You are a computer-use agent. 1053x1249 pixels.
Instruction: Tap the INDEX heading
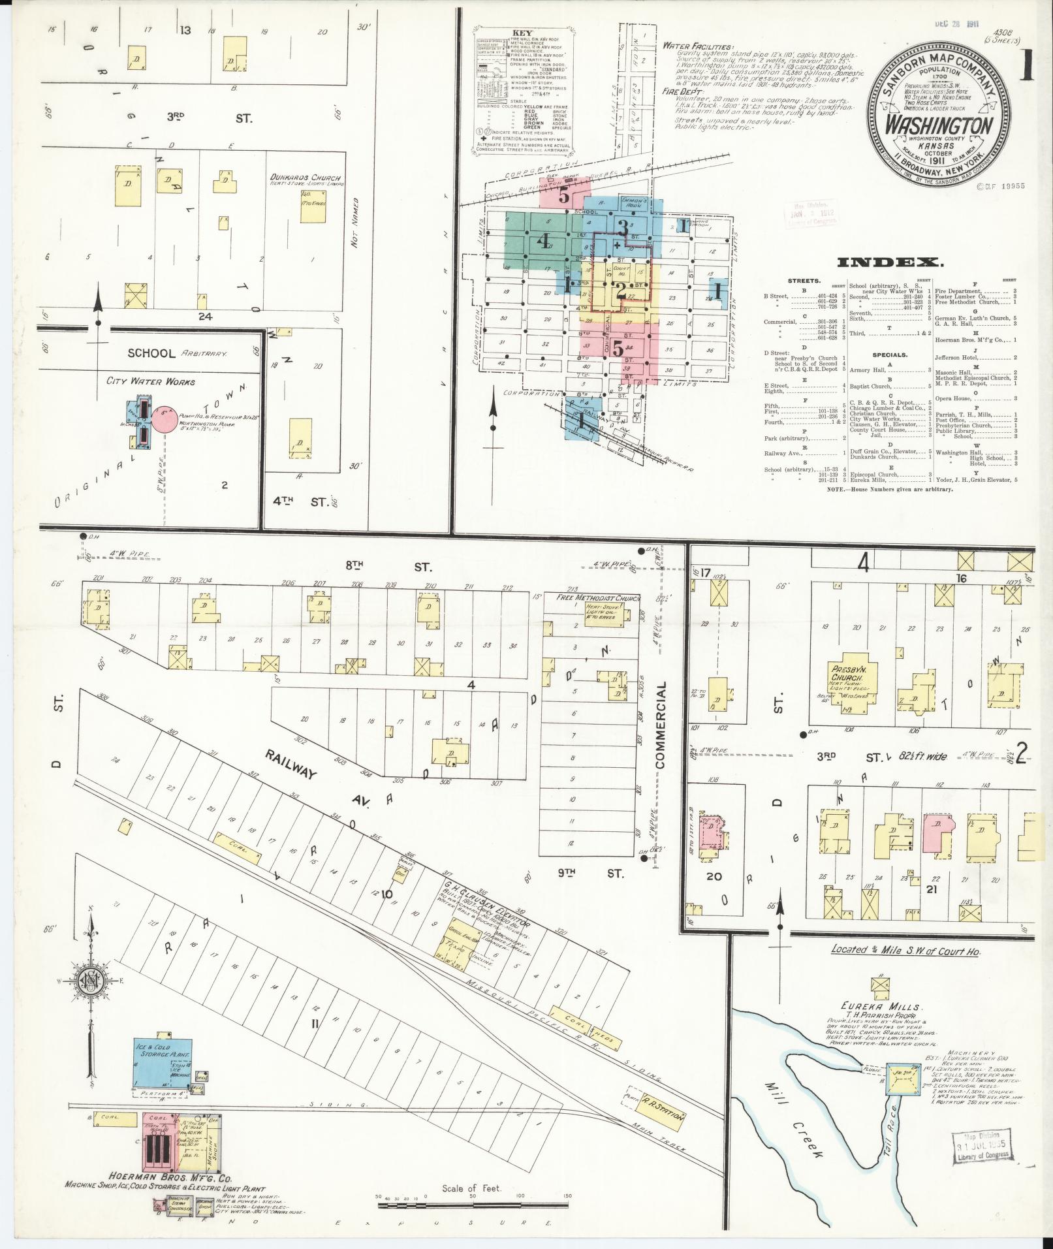tap(889, 262)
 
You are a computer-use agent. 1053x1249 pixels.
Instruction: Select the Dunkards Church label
tap(306, 178)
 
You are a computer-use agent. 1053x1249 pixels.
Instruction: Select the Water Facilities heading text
tap(697, 46)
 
